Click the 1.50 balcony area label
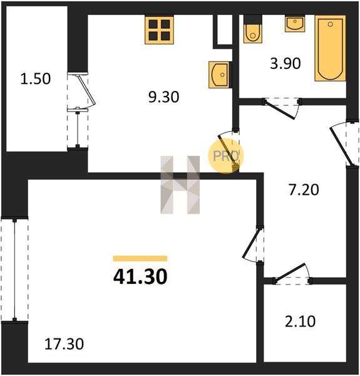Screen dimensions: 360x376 [x=36, y=79]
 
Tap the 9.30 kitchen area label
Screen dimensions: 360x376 [x=164, y=97]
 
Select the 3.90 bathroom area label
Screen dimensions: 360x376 [x=285, y=64]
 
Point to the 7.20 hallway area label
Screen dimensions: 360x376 [x=304, y=190]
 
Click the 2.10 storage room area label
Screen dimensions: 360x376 [x=300, y=321]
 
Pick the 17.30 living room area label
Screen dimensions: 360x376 [x=64, y=344]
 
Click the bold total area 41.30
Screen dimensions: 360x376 [x=140, y=276]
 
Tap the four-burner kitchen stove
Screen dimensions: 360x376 [x=159, y=30]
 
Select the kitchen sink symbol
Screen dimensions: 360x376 [x=219, y=75]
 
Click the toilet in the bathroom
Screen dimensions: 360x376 [x=253, y=29]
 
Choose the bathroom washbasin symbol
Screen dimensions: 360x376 [x=295, y=24]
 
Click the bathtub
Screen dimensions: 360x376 [x=330, y=48]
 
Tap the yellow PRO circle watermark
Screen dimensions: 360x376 [x=225, y=156]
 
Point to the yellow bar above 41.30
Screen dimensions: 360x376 [x=140, y=258]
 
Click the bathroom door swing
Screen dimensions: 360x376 [x=282, y=108]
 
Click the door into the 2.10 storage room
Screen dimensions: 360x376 [x=292, y=274]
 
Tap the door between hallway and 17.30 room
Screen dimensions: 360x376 [x=254, y=244]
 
